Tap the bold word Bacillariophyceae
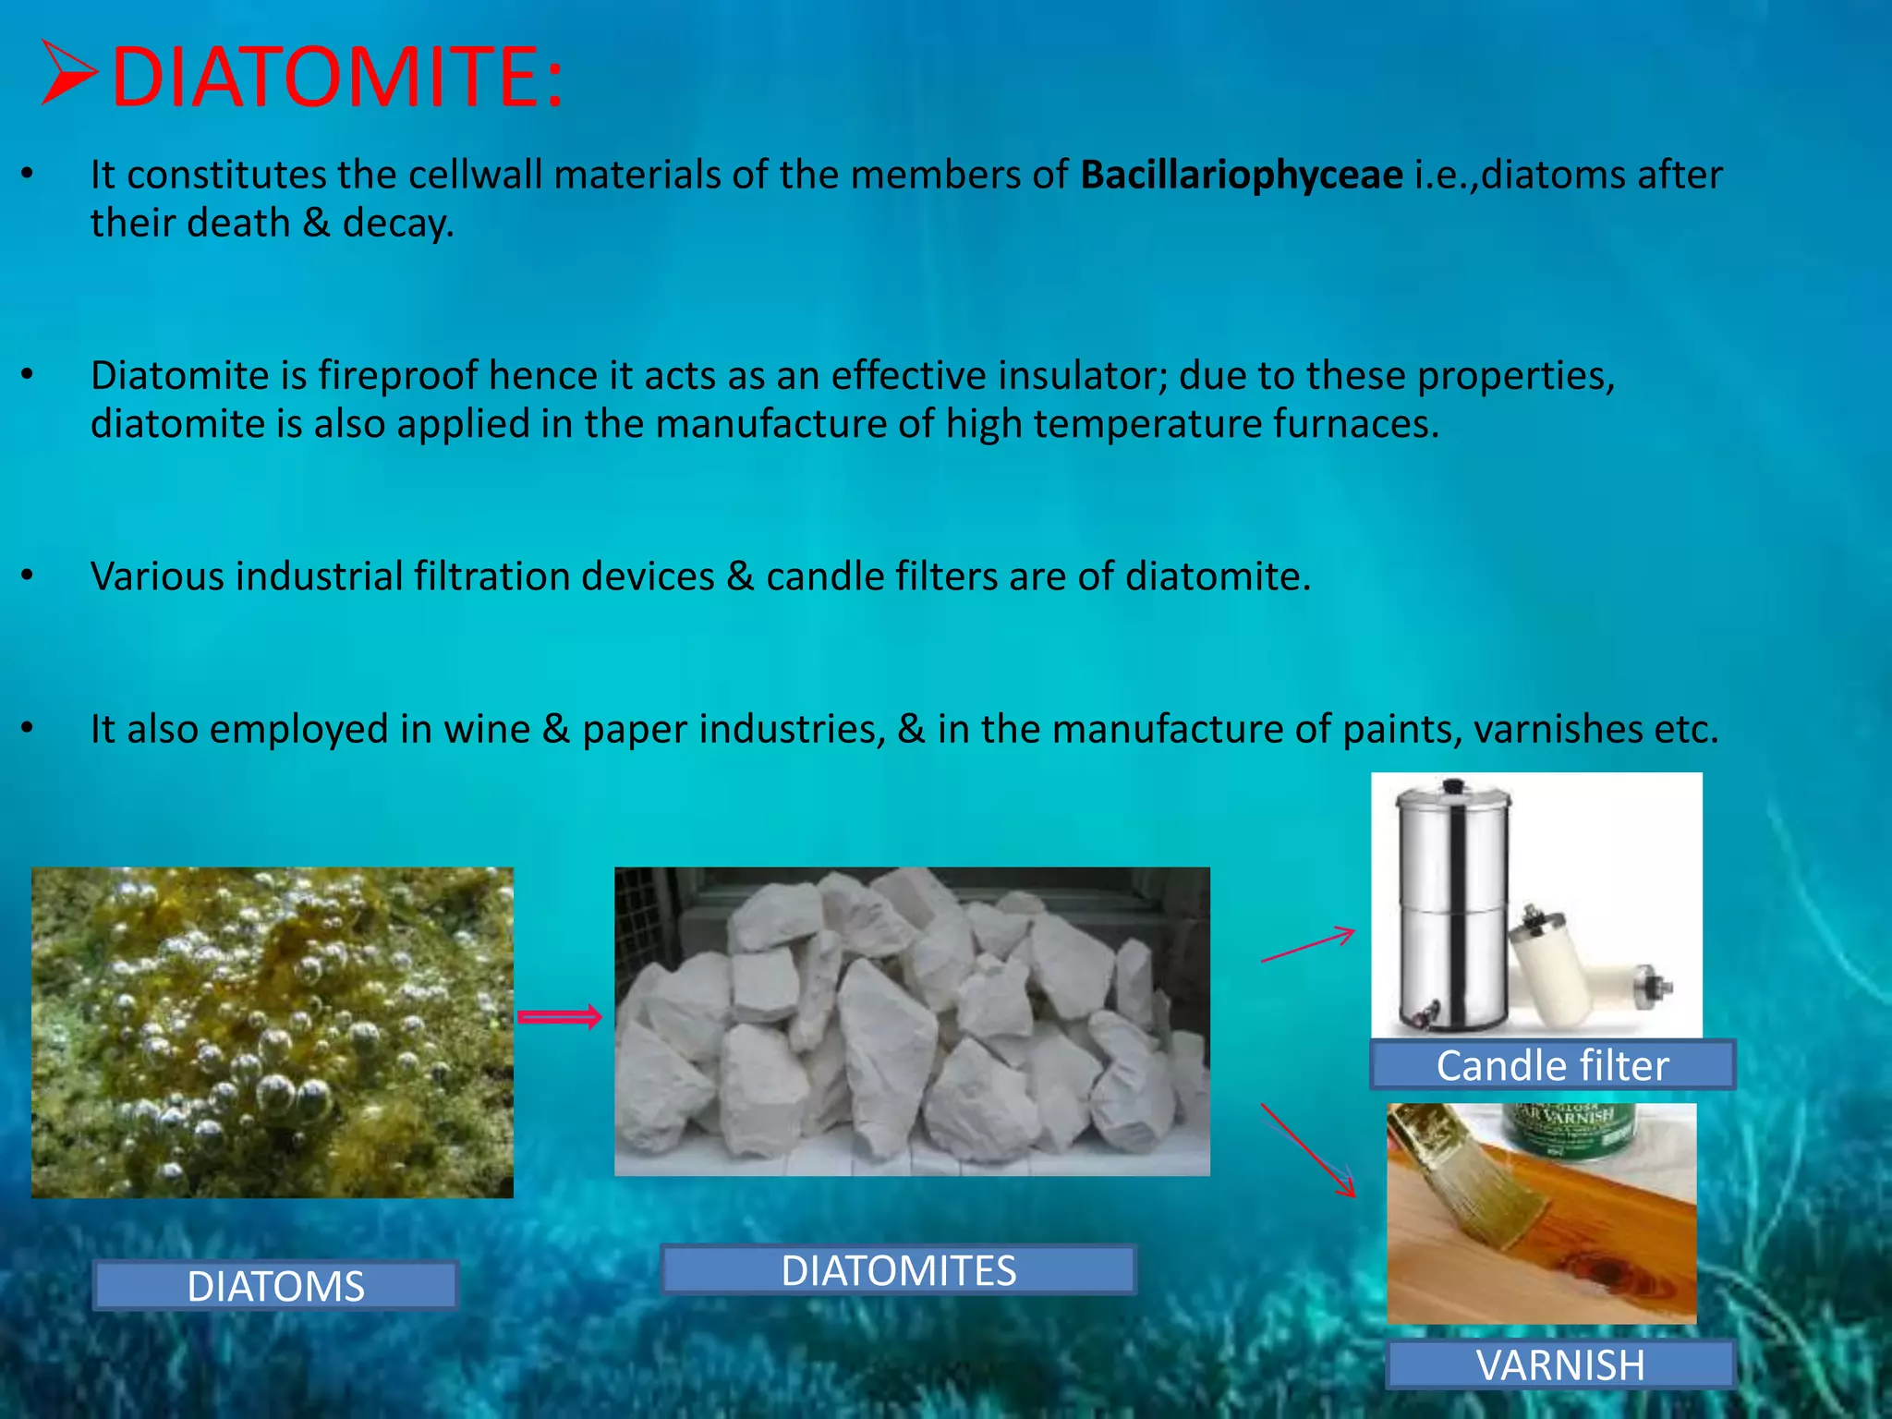point(1241,175)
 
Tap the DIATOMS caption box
point(275,1285)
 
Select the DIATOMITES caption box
point(898,1270)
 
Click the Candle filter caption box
point(1552,1065)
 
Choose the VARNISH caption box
point(1560,1364)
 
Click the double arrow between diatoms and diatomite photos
point(559,1017)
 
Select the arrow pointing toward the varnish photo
point(1307,1150)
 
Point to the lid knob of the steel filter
point(1453,786)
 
